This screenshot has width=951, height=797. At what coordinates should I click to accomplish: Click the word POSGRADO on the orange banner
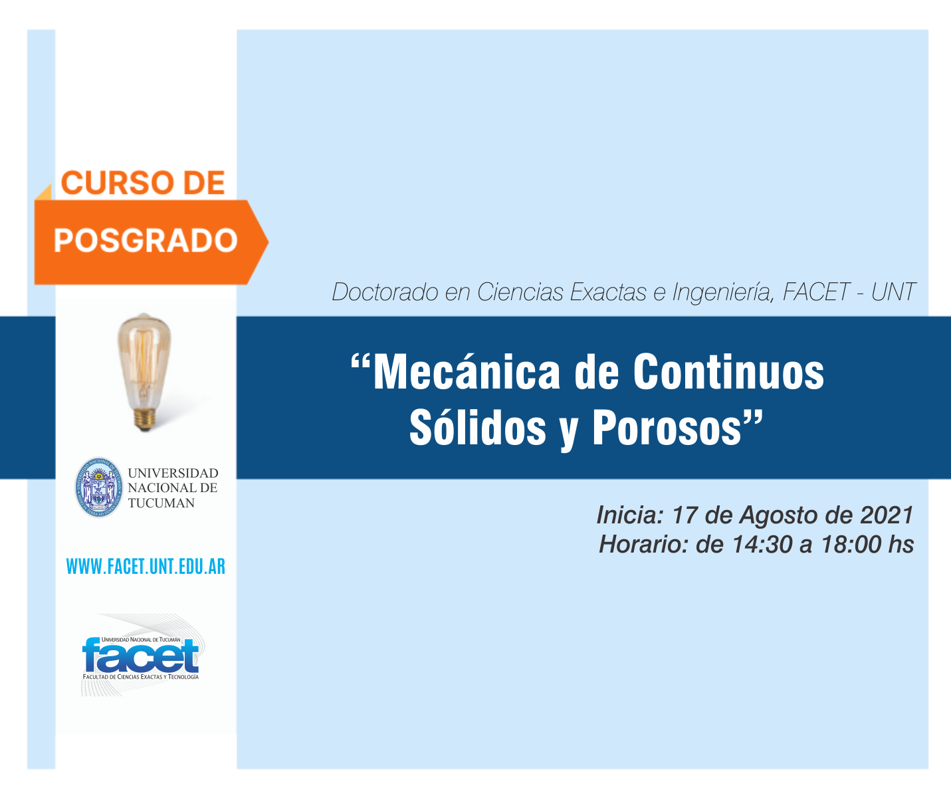tap(146, 240)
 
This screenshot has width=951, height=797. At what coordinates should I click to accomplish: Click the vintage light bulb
tap(144, 372)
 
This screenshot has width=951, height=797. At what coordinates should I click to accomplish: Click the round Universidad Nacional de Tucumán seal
tap(99, 487)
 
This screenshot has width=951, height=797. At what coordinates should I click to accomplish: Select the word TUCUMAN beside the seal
tap(161, 503)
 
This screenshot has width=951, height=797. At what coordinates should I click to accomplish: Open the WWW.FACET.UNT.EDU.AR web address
tap(146, 567)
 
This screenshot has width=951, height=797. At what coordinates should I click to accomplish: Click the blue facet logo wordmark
tap(141, 656)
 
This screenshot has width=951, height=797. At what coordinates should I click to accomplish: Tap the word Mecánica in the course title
tap(467, 372)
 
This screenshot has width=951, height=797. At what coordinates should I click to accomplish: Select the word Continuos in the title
tap(728, 372)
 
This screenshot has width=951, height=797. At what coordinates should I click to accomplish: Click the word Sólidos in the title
tap(477, 427)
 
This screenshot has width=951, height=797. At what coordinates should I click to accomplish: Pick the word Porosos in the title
tap(667, 428)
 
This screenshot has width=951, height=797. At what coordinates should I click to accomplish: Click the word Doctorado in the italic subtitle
tap(385, 292)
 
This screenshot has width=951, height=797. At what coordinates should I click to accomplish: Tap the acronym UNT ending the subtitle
tap(893, 292)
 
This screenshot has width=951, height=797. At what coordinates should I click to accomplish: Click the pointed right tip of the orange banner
tap(268, 242)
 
